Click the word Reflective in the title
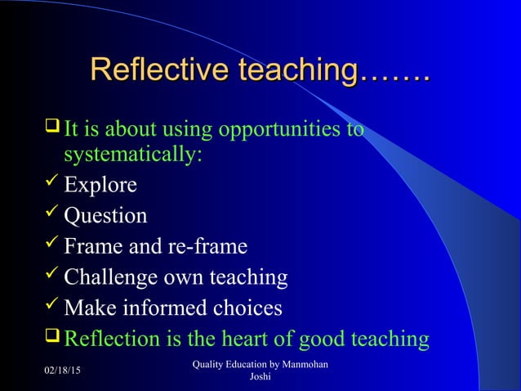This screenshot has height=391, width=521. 158,70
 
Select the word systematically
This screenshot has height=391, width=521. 134,155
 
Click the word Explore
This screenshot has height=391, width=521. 100,185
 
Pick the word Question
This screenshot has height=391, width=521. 106,215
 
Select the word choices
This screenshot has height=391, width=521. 249,308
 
